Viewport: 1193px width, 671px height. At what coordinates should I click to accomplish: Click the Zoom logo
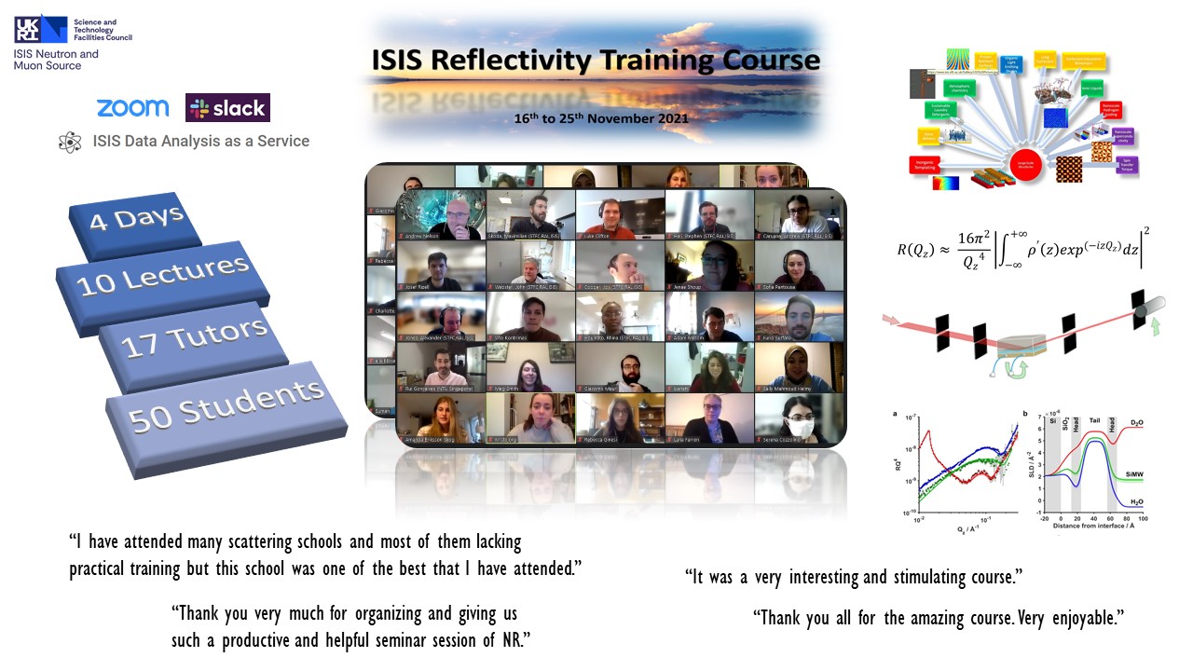(132, 108)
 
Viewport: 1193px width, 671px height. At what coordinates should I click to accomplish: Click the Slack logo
(227, 108)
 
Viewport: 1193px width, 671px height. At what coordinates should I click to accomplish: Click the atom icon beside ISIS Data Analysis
(70, 143)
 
